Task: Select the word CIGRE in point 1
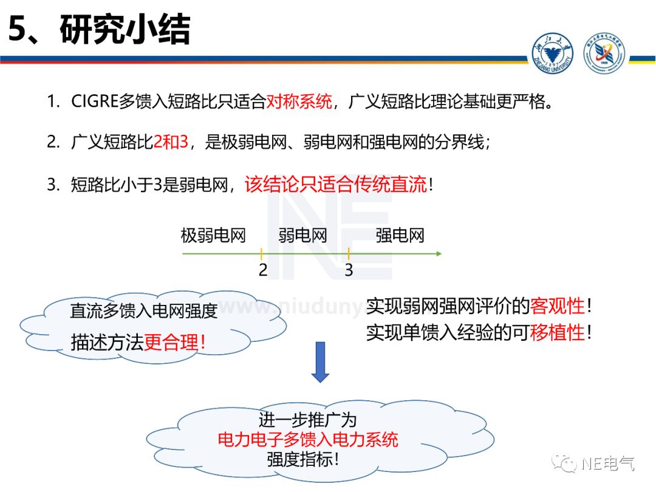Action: [94, 101]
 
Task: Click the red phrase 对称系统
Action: [299, 101]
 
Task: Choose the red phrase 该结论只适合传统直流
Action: [336, 185]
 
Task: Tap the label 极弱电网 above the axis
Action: [213, 235]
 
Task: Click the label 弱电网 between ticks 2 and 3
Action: [302, 235]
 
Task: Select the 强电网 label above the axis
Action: [400, 235]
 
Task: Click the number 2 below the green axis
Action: [262, 270]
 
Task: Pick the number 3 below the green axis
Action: [349, 270]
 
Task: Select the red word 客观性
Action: [557, 306]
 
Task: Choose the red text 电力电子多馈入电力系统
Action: [307, 439]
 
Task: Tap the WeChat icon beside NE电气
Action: [567, 464]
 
